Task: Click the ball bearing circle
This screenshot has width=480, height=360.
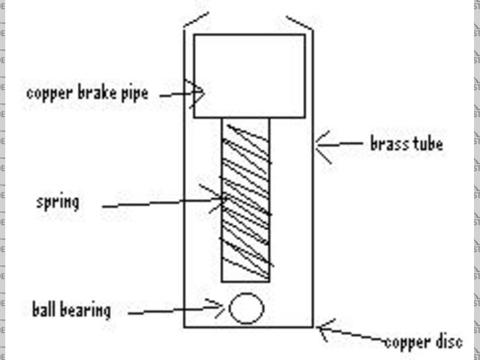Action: click(x=246, y=308)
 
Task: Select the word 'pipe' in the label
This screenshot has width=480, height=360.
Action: click(x=133, y=94)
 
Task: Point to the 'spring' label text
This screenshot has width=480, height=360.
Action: click(x=57, y=202)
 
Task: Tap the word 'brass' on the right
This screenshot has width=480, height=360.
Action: click(x=388, y=142)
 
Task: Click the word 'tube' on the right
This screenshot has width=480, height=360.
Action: click(x=426, y=142)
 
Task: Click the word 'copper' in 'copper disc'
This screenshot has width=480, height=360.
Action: click(x=405, y=343)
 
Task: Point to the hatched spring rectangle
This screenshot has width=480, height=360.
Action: click(x=245, y=199)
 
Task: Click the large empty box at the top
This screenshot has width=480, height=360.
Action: click(x=249, y=75)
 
